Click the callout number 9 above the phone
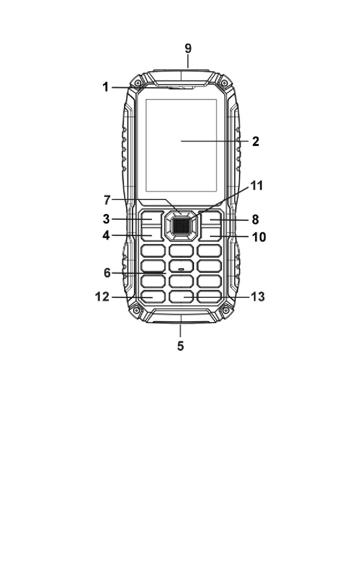pyautogui.click(x=188, y=48)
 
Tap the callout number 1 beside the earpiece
pyautogui.click(x=105, y=87)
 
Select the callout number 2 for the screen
pyautogui.click(x=256, y=141)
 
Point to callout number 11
pyautogui.click(x=257, y=186)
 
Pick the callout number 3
pyautogui.click(x=106, y=219)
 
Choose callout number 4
pyautogui.click(x=106, y=236)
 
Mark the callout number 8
pyautogui.click(x=255, y=220)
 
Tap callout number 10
pyautogui.click(x=259, y=237)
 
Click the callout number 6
pyautogui.click(x=107, y=273)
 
